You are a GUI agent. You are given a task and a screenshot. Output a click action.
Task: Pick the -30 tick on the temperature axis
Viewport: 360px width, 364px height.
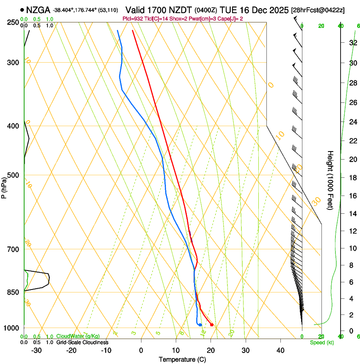point(36,350)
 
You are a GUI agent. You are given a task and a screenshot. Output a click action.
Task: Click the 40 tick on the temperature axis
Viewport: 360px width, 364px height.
point(280,350)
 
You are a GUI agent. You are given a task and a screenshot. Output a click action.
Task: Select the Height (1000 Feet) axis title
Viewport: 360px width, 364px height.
point(331,180)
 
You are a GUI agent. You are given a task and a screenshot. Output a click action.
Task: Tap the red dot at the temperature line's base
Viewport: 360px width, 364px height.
point(212,325)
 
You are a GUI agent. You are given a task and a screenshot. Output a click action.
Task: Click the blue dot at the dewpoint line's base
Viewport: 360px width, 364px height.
point(200,325)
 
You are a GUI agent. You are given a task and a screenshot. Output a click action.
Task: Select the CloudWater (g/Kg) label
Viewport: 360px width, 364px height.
point(78,336)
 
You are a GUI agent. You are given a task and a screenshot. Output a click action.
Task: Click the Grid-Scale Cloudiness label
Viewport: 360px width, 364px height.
point(82,342)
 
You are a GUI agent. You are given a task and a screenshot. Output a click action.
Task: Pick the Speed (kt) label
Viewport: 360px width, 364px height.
point(321,342)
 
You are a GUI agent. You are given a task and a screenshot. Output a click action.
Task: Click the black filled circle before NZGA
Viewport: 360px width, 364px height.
point(22,10)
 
